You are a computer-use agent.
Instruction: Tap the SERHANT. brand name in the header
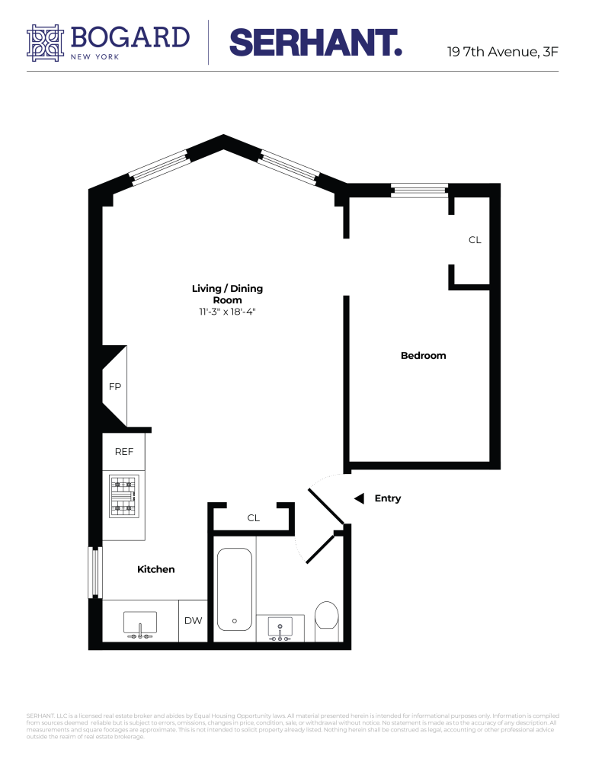pos(315,43)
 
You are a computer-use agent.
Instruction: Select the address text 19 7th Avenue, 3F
pos(503,53)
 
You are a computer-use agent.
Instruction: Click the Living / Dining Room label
pos(227,294)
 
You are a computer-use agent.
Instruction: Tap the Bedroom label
pos(423,356)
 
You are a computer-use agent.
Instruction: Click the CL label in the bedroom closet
pos(475,240)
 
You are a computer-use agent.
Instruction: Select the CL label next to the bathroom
pos(254,518)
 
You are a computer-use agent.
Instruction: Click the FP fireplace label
pos(115,386)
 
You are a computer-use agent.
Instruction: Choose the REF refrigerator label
pos(124,452)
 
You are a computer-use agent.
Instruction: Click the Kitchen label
pos(156,569)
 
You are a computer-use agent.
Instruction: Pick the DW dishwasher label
pos(194,621)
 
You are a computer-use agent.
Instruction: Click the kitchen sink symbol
pos(140,624)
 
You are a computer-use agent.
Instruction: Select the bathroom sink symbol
pos(280,627)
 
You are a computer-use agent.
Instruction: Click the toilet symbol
pos(326,616)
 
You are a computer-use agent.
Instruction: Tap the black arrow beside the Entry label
pos(359,498)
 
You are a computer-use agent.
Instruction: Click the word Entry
pos(387,498)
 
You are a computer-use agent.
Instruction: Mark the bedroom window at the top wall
pos(419,189)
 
